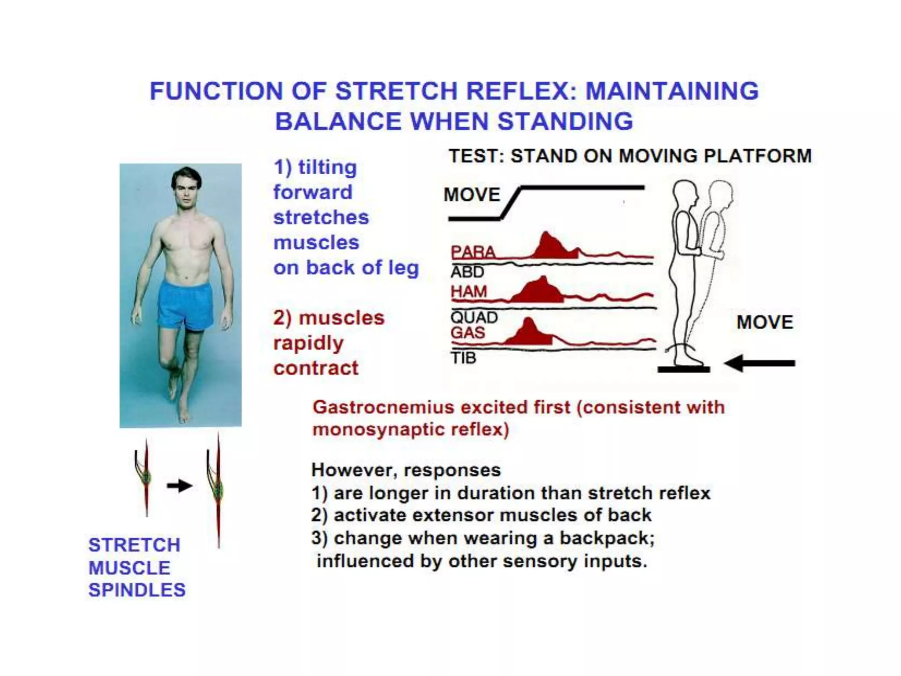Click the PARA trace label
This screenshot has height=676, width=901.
pos(473,252)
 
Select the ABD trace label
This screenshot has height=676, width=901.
pos(467,272)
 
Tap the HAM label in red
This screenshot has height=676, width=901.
pos(469,291)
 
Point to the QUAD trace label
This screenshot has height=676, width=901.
pos(474,317)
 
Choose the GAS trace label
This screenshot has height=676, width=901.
pos(467,332)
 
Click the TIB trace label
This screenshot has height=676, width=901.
pos(463,358)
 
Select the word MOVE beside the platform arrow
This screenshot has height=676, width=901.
pos(765,322)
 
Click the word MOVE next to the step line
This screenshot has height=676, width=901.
pos(472,195)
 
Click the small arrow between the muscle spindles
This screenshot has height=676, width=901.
pos(179,486)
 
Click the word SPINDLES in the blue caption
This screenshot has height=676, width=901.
pos(137,590)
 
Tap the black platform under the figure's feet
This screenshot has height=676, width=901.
pos(684,370)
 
